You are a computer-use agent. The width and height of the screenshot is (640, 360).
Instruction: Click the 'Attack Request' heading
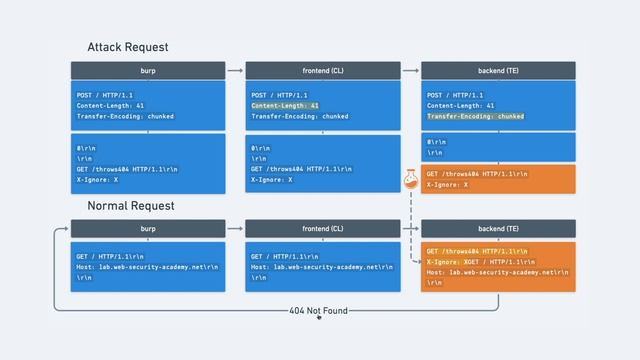tap(127, 47)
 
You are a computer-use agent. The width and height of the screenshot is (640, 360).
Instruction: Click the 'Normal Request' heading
tap(130, 205)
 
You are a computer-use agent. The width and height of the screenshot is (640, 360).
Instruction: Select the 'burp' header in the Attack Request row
tap(147, 70)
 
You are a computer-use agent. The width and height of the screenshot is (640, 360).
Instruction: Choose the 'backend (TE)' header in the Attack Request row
tap(498, 70)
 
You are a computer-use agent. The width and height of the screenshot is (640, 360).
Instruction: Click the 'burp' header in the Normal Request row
tap(147, 229)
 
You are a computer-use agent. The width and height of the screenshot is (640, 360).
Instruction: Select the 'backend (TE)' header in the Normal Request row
tap(498, 229)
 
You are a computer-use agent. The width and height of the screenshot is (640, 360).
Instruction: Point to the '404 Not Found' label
tap(318, 311)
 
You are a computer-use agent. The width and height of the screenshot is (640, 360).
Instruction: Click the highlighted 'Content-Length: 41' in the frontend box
tap(285, 105)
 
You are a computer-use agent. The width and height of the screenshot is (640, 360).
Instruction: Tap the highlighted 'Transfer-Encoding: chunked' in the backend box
tap(475, 116)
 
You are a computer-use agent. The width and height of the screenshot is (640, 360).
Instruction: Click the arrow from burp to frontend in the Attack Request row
tap(235, 70)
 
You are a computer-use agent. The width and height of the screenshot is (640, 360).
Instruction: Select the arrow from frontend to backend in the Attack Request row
tap(410, 70)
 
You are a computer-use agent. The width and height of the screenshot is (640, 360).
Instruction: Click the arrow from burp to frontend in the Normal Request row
tap(235, 229)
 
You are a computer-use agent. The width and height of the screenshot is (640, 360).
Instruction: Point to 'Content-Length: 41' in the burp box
tap(110, 105)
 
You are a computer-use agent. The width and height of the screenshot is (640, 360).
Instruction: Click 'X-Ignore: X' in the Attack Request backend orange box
tap(447, 185)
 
